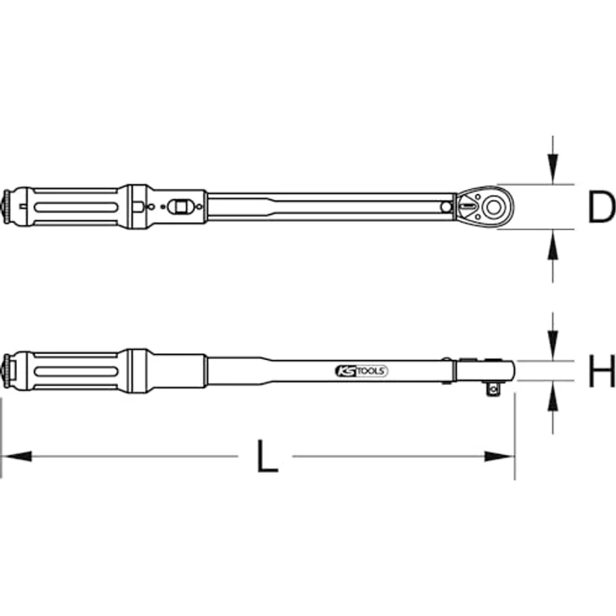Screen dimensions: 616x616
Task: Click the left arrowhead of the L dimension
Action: point(17,457)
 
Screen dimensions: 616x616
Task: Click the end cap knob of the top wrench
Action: point(9,206)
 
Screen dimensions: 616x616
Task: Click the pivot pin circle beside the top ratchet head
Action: point(447,205)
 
